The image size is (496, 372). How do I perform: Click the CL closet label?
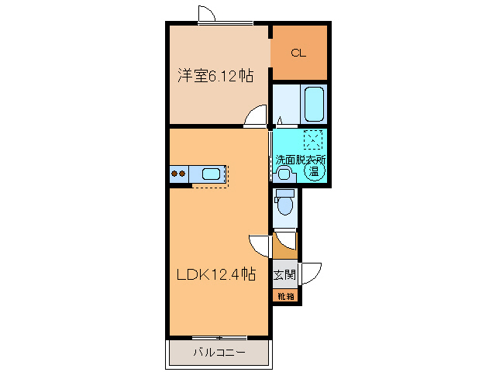pos(298,53)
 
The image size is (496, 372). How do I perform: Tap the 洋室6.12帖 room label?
pos(215,76)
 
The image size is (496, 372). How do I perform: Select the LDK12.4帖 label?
pos(215,274)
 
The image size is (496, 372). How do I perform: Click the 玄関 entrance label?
pos(284,274)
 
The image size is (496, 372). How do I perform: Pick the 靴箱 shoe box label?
pos(284,296)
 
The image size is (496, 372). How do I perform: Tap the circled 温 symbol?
pos(314,172)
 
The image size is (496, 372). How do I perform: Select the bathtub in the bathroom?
pos(314,104)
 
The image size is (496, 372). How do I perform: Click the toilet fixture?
pos(284,203)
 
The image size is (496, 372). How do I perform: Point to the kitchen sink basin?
pos(211,174)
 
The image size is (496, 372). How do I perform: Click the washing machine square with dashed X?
pos(314,140)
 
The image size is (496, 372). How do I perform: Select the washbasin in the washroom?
pos(284,173)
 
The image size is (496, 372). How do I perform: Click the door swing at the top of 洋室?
pos(206,15)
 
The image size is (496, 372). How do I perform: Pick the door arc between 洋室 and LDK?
pos(255,116)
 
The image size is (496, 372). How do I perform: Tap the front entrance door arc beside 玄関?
pos(312,274)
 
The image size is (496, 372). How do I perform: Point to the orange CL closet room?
pos(299,53)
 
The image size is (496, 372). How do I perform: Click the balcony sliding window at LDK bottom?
pos(219,337)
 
